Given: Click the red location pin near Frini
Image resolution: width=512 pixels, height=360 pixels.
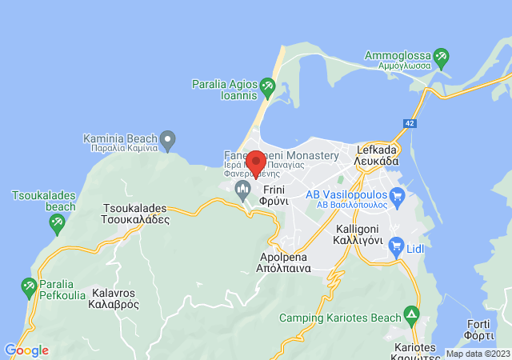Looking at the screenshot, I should (255, 162).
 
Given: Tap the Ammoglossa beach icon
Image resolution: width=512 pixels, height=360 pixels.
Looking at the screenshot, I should (441, 58).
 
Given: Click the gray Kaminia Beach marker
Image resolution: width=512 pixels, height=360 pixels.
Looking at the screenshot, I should (167, 142).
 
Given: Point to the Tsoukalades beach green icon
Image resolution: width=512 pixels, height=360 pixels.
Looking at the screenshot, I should (56, 225).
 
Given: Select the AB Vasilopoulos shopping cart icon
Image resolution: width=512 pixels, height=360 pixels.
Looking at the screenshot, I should (397, 194).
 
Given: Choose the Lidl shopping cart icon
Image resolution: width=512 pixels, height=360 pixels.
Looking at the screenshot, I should (395, 248).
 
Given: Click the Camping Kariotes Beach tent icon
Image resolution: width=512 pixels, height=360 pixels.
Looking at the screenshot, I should (411, 313).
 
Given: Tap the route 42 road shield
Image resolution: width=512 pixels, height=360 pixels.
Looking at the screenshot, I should (410, 123).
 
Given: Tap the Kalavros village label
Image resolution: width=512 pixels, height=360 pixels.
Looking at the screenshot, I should (115, 299).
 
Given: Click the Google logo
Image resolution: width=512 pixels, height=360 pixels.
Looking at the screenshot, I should (26, 350).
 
